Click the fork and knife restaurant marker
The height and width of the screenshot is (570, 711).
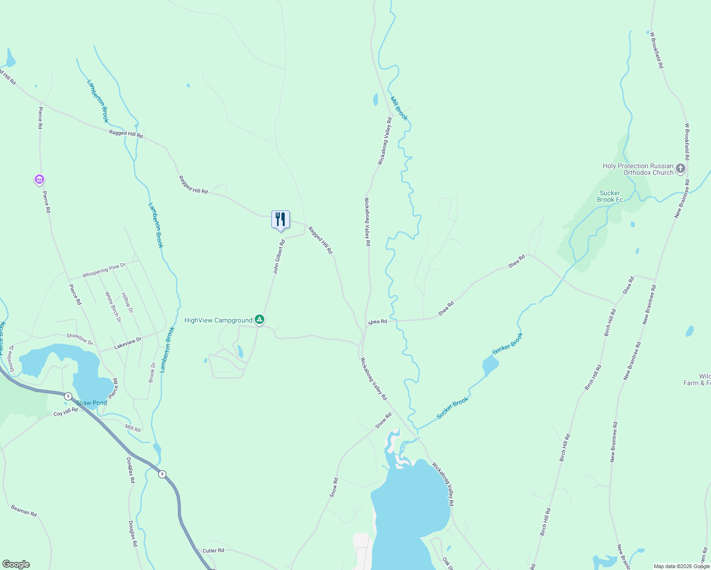tap(280, 219)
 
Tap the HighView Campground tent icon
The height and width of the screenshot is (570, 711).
tap(259, 320)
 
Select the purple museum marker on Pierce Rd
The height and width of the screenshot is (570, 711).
tap(39, 180)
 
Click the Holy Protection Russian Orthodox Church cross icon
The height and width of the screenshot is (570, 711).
tap(681, 169)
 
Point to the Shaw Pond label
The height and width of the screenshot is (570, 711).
tap(92, 403)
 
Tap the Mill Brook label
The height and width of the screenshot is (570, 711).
tap(399, 108)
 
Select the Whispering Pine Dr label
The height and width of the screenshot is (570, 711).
tap(104, 271)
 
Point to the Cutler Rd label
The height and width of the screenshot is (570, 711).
tap(213, 551)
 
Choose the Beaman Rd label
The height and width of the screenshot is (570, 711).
tap(24, 511)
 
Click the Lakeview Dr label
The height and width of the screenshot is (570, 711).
tap(128, 343)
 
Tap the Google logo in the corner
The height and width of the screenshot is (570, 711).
tap(16, 564)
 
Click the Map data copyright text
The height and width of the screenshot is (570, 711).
tap(681, 566)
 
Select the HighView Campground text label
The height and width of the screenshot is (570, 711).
tap(218, 321)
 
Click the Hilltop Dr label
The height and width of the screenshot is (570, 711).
tap(127, 303)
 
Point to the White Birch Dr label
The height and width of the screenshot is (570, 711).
tap(113, 307)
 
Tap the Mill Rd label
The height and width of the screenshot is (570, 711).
tap(133, 429)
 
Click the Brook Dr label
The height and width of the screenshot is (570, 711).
tap(152, 372)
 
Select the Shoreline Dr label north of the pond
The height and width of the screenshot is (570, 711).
tap(79, 339)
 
